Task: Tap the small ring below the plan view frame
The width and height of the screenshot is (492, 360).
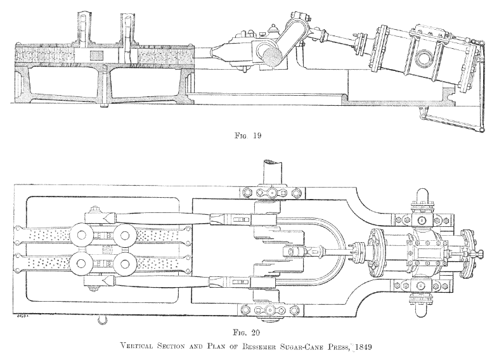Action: (x=100, y=322)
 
